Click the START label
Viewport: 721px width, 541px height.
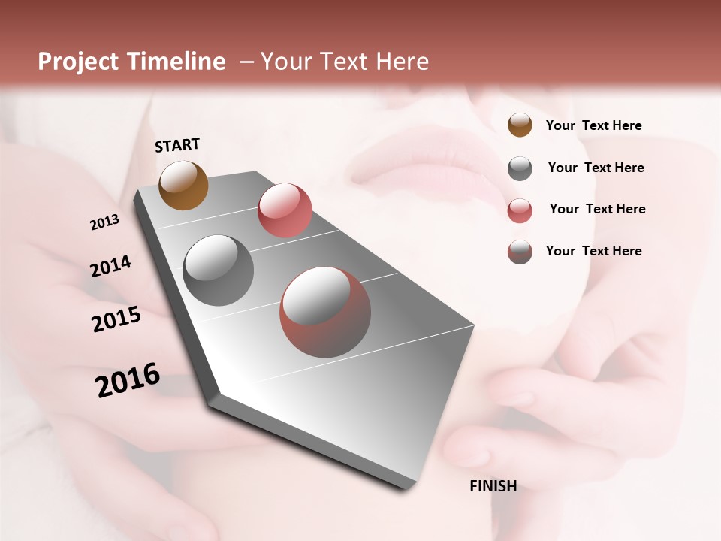177,145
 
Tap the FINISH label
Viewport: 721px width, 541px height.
493,486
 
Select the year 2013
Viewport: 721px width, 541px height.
105,222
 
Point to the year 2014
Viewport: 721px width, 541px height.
110,266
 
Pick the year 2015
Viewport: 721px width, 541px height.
116,319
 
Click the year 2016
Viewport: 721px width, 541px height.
128,379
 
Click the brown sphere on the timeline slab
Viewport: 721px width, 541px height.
184,185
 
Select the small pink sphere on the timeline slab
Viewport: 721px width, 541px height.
285,210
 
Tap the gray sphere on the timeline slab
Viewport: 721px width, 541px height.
219,270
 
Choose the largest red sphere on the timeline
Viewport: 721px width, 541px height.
325,313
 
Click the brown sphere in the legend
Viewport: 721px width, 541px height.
520,125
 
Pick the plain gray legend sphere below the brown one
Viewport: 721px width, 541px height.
520,168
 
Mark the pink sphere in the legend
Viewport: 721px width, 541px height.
520,210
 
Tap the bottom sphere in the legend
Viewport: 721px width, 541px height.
520,252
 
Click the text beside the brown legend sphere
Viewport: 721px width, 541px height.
594,125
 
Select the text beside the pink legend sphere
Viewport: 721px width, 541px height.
598,209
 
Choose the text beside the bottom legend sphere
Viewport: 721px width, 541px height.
594,251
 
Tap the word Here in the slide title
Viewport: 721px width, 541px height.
403,62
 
